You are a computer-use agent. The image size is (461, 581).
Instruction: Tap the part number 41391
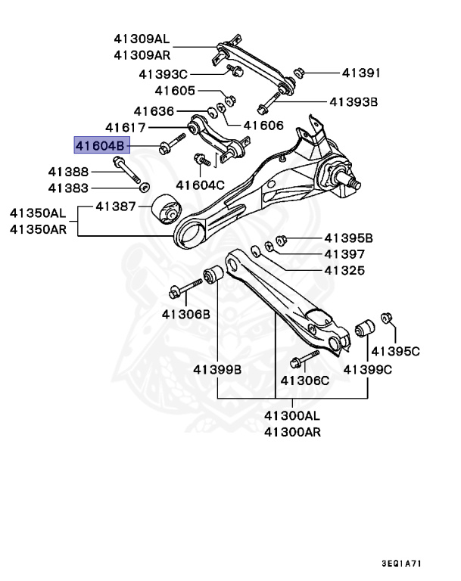point(360,73)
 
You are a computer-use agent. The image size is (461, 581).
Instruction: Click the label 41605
point(175,91)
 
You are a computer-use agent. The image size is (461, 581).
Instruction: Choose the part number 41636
point(154,110)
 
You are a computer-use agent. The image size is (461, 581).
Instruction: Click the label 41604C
point(201,185)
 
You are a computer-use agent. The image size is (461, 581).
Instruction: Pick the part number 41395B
point(349,238)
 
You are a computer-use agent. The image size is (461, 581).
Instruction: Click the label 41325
point(344,270)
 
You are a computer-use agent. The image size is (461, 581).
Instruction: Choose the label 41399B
point(216,369)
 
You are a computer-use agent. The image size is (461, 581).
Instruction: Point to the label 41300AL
point(292,415)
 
